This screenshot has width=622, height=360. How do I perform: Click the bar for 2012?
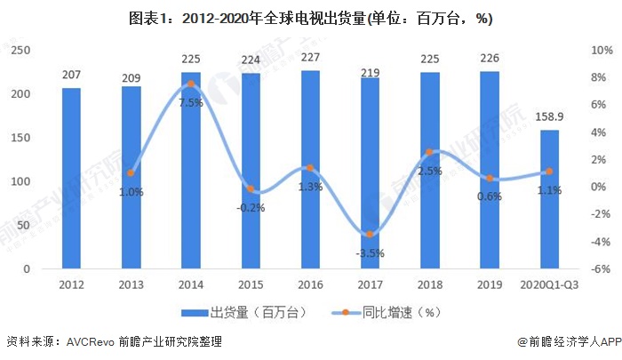(71, 178)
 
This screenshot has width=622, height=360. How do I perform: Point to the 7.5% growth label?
(190, 102)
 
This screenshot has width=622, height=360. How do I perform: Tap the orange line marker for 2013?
(131, 173)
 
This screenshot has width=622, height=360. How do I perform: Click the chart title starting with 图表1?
(310, 18)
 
